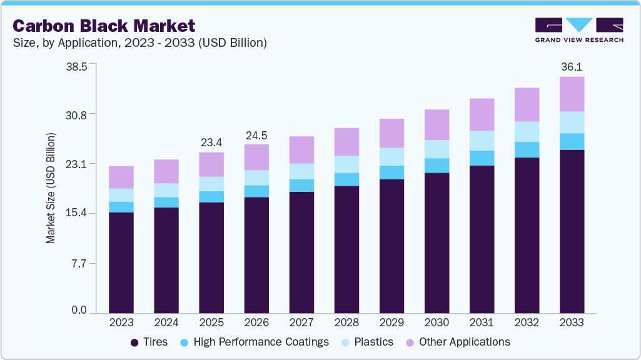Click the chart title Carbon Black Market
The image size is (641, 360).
tap(104, 26)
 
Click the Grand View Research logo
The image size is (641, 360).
tap(579, 30)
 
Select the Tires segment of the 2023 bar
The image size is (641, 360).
tap(121, 262)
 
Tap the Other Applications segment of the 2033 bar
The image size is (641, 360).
tap(572, 94)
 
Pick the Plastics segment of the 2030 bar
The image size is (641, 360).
tap(437, 149)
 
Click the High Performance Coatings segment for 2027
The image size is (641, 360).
tap(301, 186)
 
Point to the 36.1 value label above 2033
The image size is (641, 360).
tap(572, 67)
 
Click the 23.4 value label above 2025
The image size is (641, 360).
tap(211, 142)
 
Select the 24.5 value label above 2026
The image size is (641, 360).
tap(256, 135)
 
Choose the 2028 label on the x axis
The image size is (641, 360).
tap(346, 323)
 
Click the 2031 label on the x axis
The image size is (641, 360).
tap(482, 323)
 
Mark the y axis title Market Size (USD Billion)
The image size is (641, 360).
tap(51, 188)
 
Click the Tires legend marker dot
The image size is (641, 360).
tap(134, 342)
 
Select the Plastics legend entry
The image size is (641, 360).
tap(373, 342)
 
